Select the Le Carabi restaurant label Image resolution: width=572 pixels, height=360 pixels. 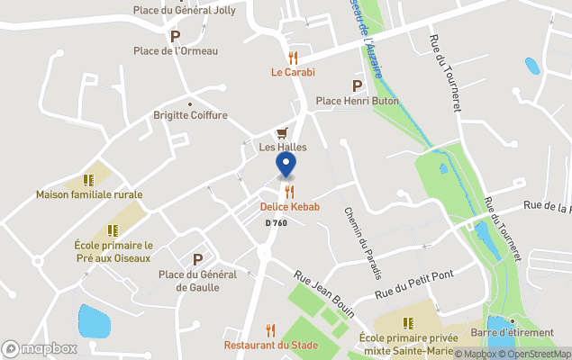coord(293,72)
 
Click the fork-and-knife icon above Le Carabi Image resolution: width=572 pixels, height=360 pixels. coord(293,56)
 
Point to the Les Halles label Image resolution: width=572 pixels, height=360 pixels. coord(283,147)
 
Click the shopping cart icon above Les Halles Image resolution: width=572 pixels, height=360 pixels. coord(282,131)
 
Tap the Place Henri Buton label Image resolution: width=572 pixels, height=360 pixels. coord(357,101)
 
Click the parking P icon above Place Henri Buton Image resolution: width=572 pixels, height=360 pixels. coord(357,85)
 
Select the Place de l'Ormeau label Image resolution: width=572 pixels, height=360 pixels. coord(176,51)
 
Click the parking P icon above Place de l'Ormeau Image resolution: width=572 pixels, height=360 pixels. coord(176,36)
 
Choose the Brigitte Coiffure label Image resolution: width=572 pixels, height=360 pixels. coord(190,116)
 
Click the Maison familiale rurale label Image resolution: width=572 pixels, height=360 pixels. coord(89,194)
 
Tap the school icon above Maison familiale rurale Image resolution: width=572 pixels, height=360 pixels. coord(89,179)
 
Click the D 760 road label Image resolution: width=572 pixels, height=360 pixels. coord(277,222)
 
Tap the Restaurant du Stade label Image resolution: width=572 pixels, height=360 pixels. coord(269,345)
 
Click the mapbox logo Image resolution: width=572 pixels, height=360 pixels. coord(40,348)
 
